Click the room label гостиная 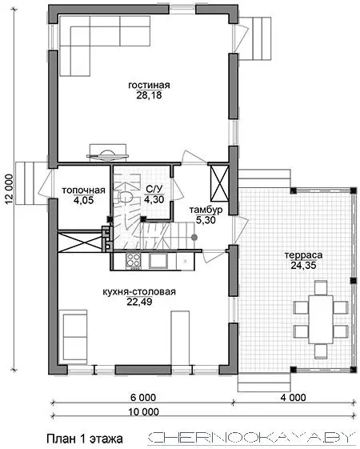149,86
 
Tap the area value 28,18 149,95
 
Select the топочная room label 83,190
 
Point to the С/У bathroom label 154,189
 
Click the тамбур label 206,210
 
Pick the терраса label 304,255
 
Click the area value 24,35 304,266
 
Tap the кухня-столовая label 139,292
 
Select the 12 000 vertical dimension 9,190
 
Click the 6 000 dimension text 143,398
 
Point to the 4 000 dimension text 293,398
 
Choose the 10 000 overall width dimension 143,411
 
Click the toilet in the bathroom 126,196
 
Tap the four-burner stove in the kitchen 133,261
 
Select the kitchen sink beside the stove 158,261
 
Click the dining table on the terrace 321,319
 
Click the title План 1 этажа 85,439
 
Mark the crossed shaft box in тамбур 220,183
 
